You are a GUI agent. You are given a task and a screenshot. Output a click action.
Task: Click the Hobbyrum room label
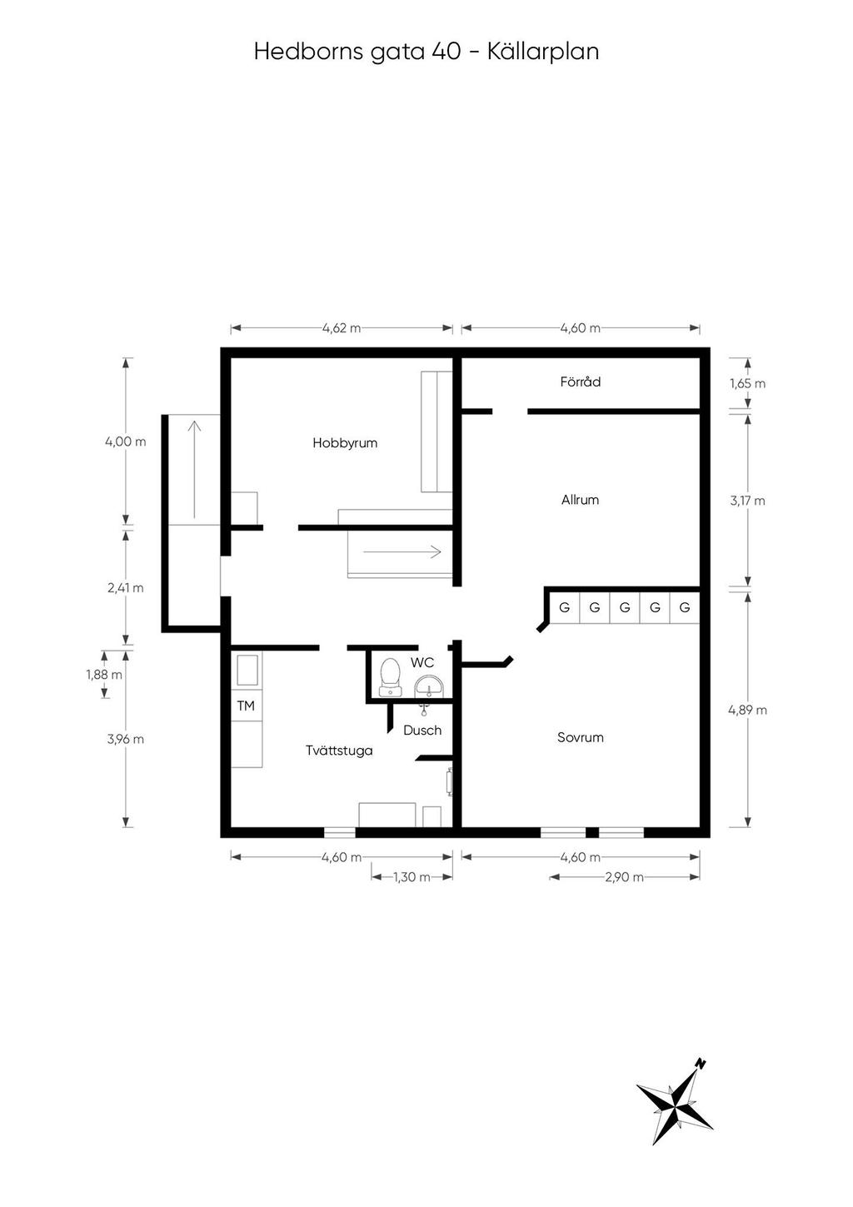pos(345,443)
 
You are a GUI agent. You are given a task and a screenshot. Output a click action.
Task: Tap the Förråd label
pos(580,382)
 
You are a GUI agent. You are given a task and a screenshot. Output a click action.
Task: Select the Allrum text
pos(580,501)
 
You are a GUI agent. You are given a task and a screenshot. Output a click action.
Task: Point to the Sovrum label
pos(580,738)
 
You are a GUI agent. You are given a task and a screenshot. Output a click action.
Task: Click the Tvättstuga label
pos(339,751)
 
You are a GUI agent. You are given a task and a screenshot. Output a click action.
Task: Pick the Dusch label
pos(422,731)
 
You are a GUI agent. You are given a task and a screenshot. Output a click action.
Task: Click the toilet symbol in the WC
pos(389,676)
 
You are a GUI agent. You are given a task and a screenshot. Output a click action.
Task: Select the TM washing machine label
pos(246,706)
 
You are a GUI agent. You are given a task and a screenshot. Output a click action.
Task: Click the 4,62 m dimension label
pos(342,328)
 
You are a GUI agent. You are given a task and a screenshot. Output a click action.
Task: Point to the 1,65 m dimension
pos(747,384)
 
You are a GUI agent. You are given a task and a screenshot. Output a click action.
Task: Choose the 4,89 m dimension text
pos(747,711)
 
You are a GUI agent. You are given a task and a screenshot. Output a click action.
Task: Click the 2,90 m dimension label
pos(625,877)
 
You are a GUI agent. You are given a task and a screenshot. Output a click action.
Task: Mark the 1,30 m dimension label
pos(412,877)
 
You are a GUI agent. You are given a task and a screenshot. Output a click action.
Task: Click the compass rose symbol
pos(675,1104)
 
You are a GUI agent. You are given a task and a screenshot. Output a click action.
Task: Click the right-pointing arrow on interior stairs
pos(402,551)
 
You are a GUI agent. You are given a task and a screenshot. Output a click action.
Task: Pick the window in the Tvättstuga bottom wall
pos(339,831)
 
